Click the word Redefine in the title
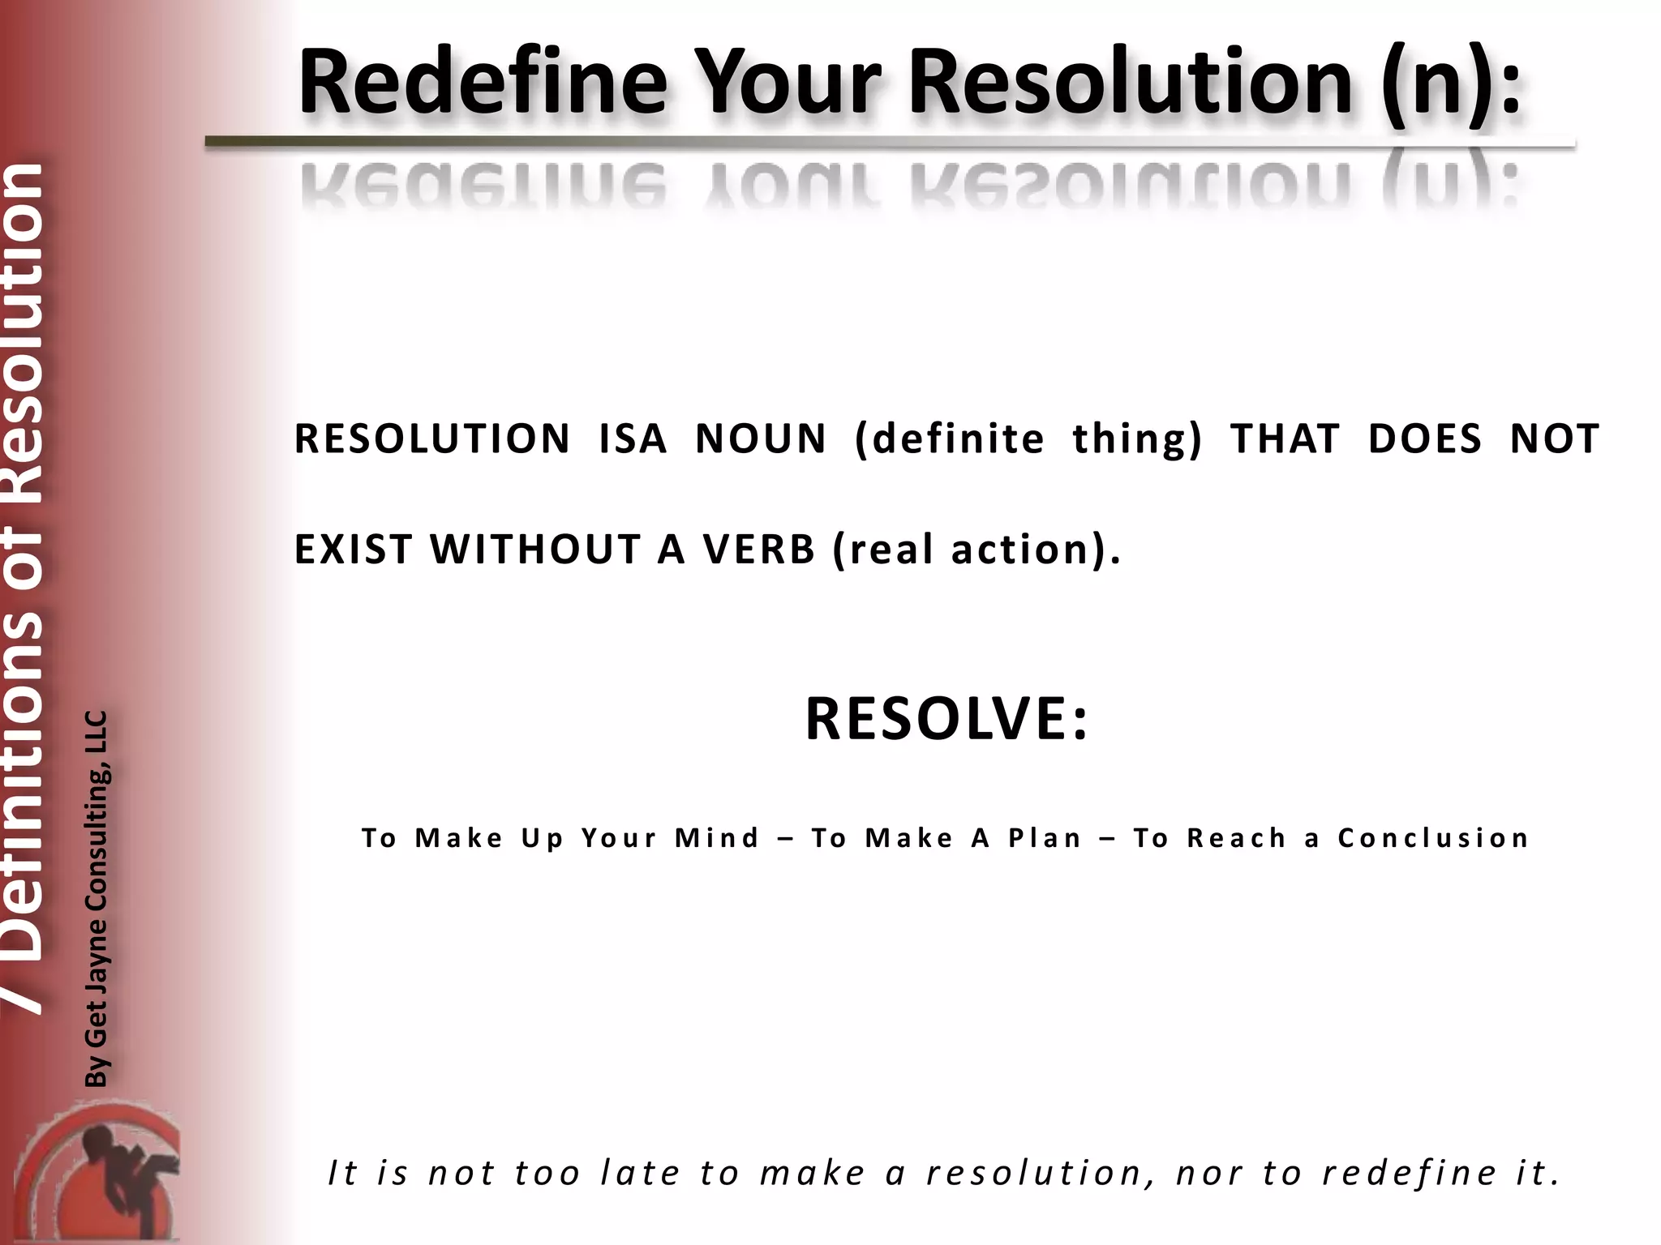(x=483, y=83)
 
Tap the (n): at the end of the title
(x=1452, y=83)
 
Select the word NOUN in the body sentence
(x=761, y=439)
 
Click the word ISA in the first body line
(x=633, y=439)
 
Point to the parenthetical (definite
(x=950, y=439)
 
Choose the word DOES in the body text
(x=1424, y=439)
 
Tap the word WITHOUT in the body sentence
(x=536, y=550)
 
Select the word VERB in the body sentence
(x=758, y=550)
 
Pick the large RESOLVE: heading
(x=946, y=720)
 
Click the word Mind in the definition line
(x=717, y=838)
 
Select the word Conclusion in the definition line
(x=1433, y=838)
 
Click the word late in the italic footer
(x=640, y=1173)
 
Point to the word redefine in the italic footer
(x=1410, y=1173)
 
